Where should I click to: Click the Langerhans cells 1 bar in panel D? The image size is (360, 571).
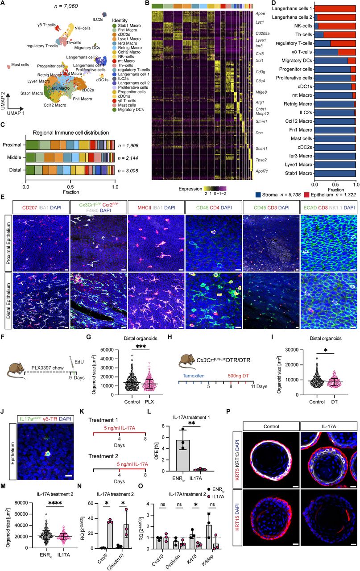(x=335, y=8)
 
